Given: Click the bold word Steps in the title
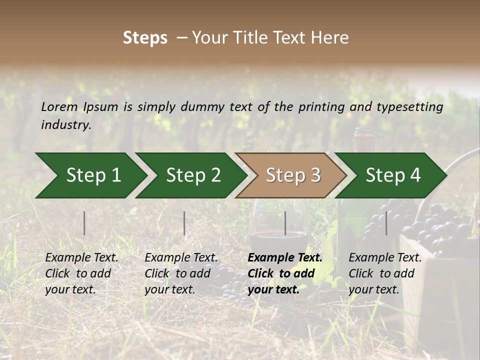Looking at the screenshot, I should pyautogui.click(x=145, y=38).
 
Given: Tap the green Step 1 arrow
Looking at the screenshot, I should pyautogui.click(x=90, y=175).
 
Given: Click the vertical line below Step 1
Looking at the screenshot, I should pyautogui.click(x=84, y=223).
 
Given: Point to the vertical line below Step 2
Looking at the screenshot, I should pyautogui.click(x=184, y=223).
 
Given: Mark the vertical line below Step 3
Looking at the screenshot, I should pyautogui.click(x=285, y=223).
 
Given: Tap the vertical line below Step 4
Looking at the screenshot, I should pyautogui.click(x=386, y=223).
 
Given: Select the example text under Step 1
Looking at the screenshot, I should pyautogui.click(x=81, y=273).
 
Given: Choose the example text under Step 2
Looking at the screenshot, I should pyautogui.click(x=180, y=273).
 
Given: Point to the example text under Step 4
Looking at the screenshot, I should pyautogui.click(x=384, y=273).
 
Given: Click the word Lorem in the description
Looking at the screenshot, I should pyautogui.click(x=59, y=107).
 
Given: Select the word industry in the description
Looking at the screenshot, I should pyautogui.click(x=65, y=125).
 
